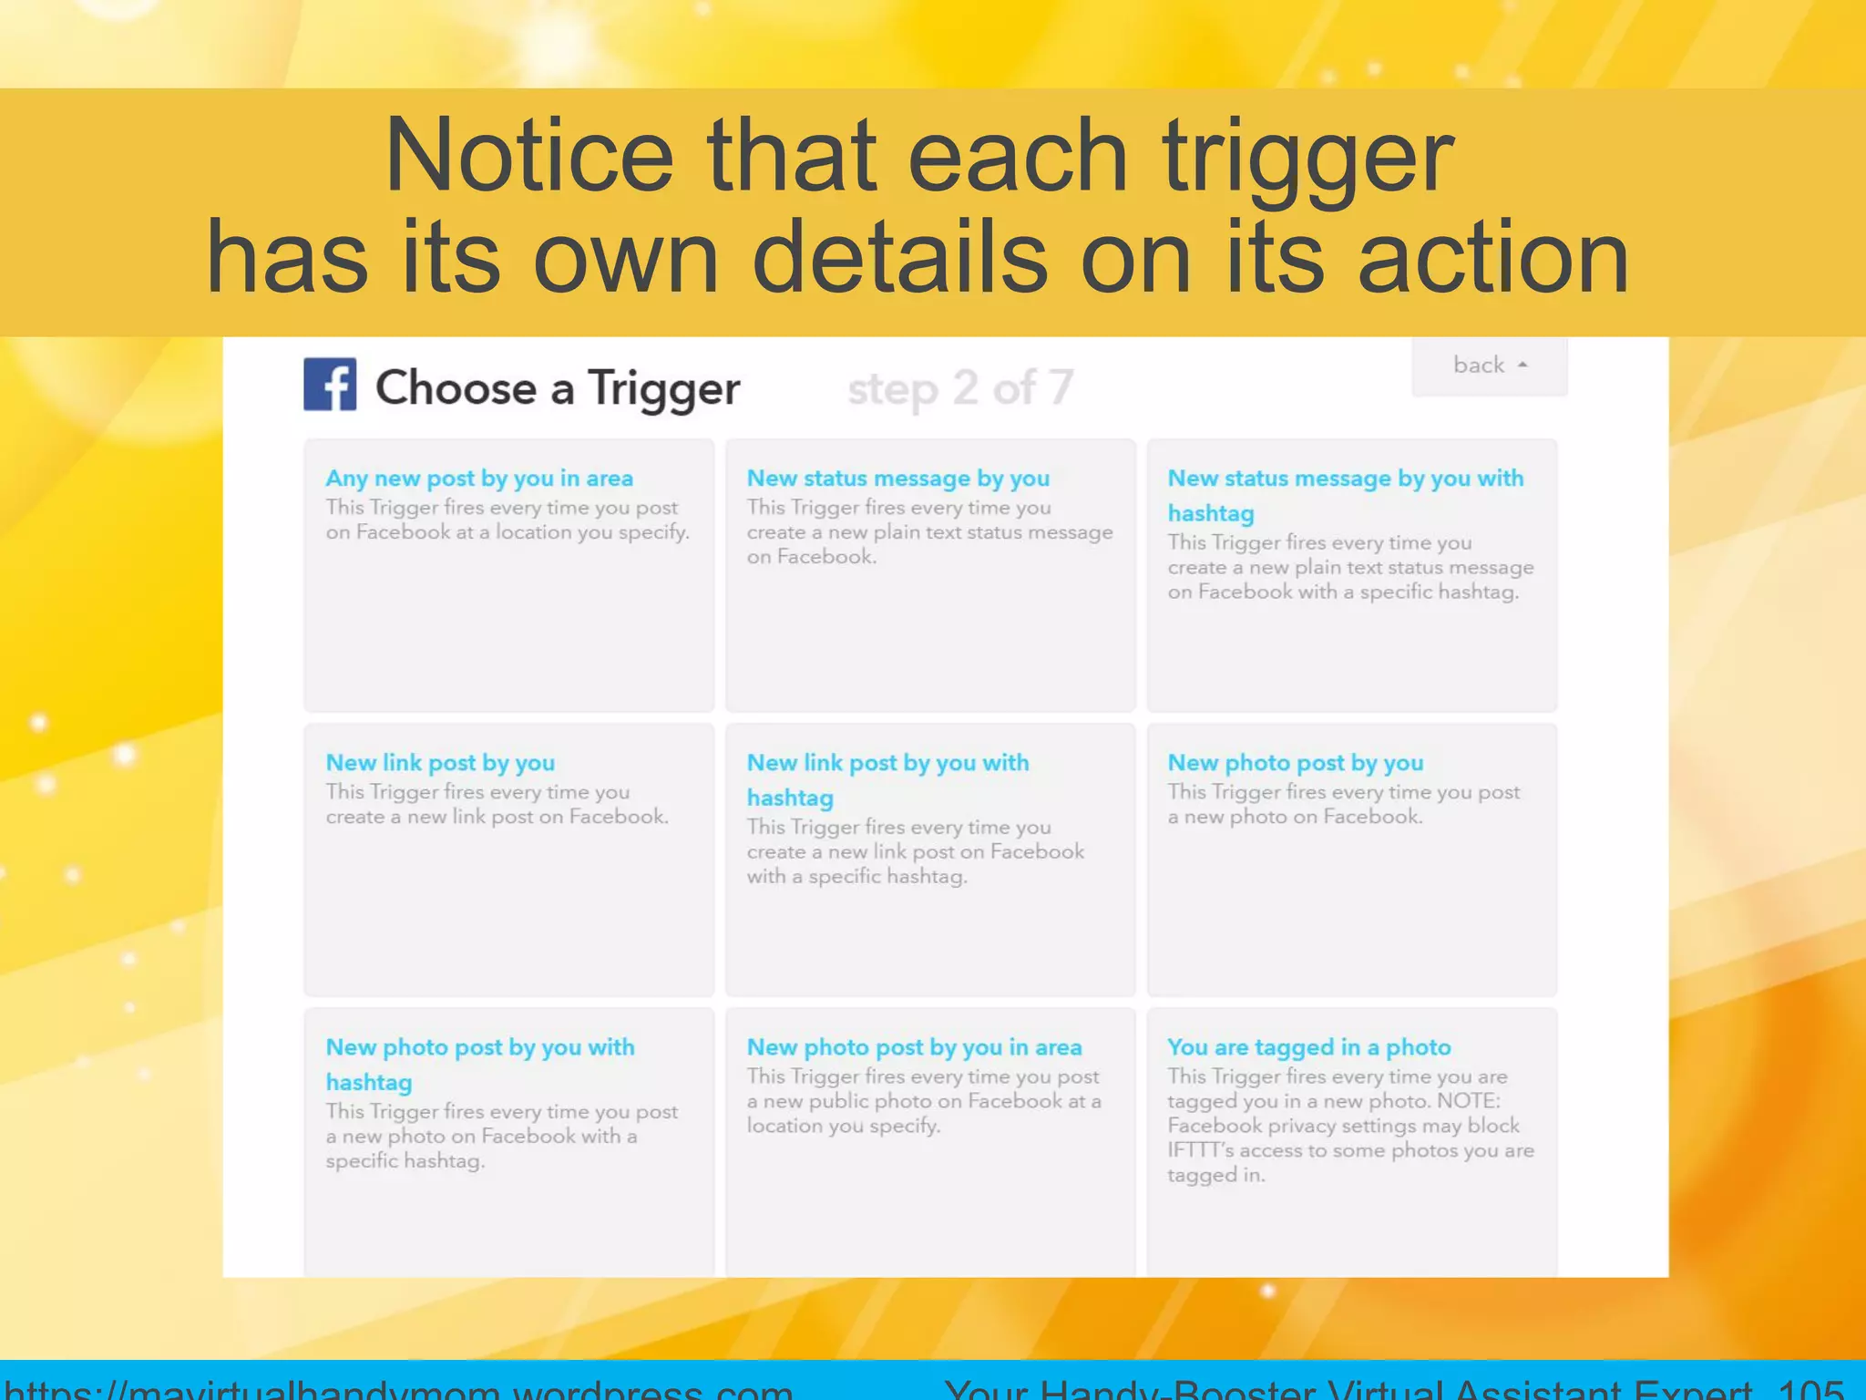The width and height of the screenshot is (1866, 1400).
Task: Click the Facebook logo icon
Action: click(330, 385)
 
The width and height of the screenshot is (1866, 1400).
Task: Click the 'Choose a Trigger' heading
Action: click(558, 388)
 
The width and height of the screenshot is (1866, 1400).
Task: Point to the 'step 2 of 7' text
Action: click(960, 388)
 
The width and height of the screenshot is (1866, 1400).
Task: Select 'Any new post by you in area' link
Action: click(479, 479)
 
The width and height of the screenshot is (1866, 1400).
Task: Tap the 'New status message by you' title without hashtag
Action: click(897, 479)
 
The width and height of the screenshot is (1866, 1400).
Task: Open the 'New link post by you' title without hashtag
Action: click(440, 763)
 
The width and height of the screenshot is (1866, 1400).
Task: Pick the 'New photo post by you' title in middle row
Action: click(1295, 763)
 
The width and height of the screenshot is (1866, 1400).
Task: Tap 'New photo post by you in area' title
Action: click(914, 1048)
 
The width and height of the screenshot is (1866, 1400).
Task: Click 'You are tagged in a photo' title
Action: click(1308, 1048)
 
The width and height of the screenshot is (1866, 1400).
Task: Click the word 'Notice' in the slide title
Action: click(529, 157)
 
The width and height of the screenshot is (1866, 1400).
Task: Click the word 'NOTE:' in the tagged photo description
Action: click(1468, 1101)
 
